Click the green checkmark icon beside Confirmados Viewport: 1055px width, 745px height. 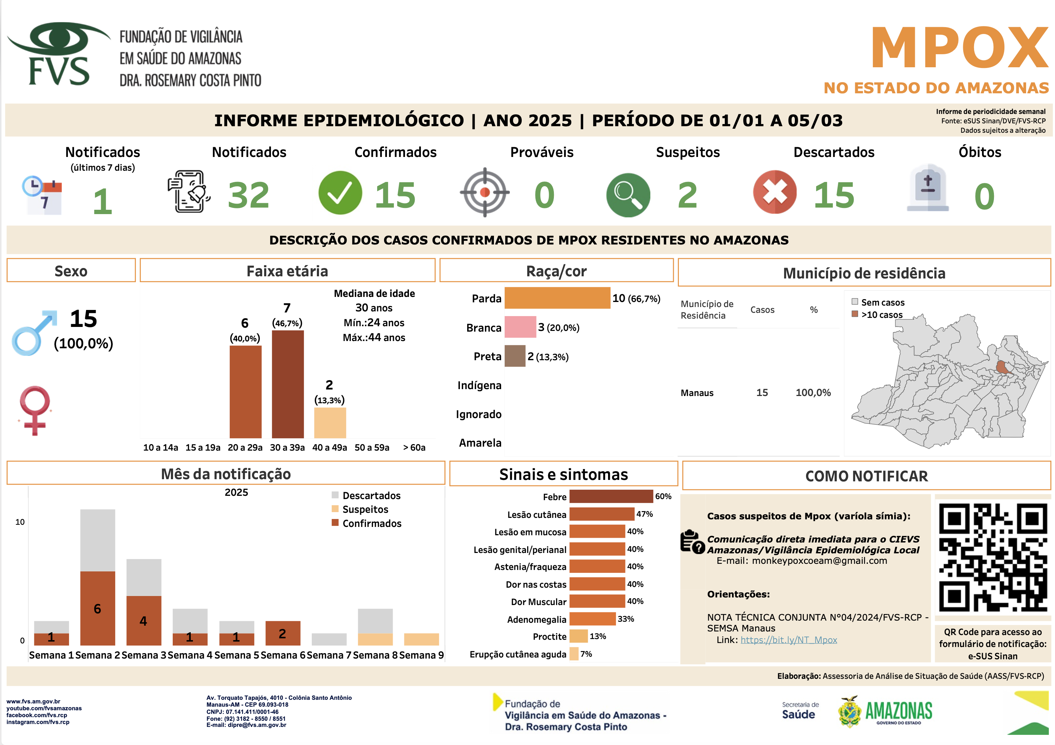click(x=340, y=193)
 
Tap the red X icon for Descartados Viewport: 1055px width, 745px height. click(x=775, y=192)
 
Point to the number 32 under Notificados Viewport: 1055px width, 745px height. click(x=248, y=195)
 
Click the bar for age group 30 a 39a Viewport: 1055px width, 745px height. click(x=288, y=384)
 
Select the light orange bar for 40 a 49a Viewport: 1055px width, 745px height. click(x=330, y=423)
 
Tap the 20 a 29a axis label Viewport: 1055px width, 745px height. click(x=245, y=447)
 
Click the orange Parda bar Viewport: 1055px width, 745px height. click(x=557, y=298)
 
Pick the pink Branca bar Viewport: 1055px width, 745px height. click(x=520, y=327)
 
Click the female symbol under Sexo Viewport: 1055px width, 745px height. click(x=34, y=410)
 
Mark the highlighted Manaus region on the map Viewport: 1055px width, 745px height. click(x=1002, y=367)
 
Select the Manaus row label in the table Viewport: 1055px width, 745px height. click(x=697, y=393)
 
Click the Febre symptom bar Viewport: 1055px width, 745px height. click(x=611, y=496)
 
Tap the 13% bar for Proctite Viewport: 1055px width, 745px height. click(x=578, y=636)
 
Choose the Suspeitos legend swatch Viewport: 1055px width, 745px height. click(x=335, y=509)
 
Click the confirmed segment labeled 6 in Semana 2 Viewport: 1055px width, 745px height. click(x=98, y=608)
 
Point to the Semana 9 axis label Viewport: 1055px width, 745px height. click(x=421, y=655)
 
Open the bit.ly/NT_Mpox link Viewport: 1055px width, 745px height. click(x=788, y=640)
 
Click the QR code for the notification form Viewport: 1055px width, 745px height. click(x=992, y=557)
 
